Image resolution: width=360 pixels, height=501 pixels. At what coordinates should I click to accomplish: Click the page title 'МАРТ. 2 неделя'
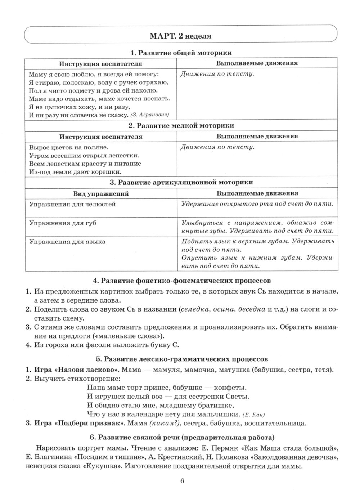(x=180, y=36)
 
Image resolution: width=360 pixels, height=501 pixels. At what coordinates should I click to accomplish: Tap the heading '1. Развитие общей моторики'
(x=181, y=53)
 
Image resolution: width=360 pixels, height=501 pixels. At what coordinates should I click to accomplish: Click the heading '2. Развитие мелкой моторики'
(x=181, y=125)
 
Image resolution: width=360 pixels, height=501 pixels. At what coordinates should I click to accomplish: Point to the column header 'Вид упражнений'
(x=101, y=193)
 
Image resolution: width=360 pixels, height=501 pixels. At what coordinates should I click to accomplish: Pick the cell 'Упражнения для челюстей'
(x=72, y=204)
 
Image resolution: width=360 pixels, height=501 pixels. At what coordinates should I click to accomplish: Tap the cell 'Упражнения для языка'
(x=67, y=242)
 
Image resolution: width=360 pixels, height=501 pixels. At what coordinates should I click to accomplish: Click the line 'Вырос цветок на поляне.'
(x=69, y=147)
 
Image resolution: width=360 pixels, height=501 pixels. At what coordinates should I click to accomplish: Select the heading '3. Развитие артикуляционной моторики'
(x=181, y=182)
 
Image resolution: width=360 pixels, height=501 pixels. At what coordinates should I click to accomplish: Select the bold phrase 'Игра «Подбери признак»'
(x=80, y=423)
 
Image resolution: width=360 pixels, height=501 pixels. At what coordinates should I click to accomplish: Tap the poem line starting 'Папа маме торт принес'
(x=167, y=388)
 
